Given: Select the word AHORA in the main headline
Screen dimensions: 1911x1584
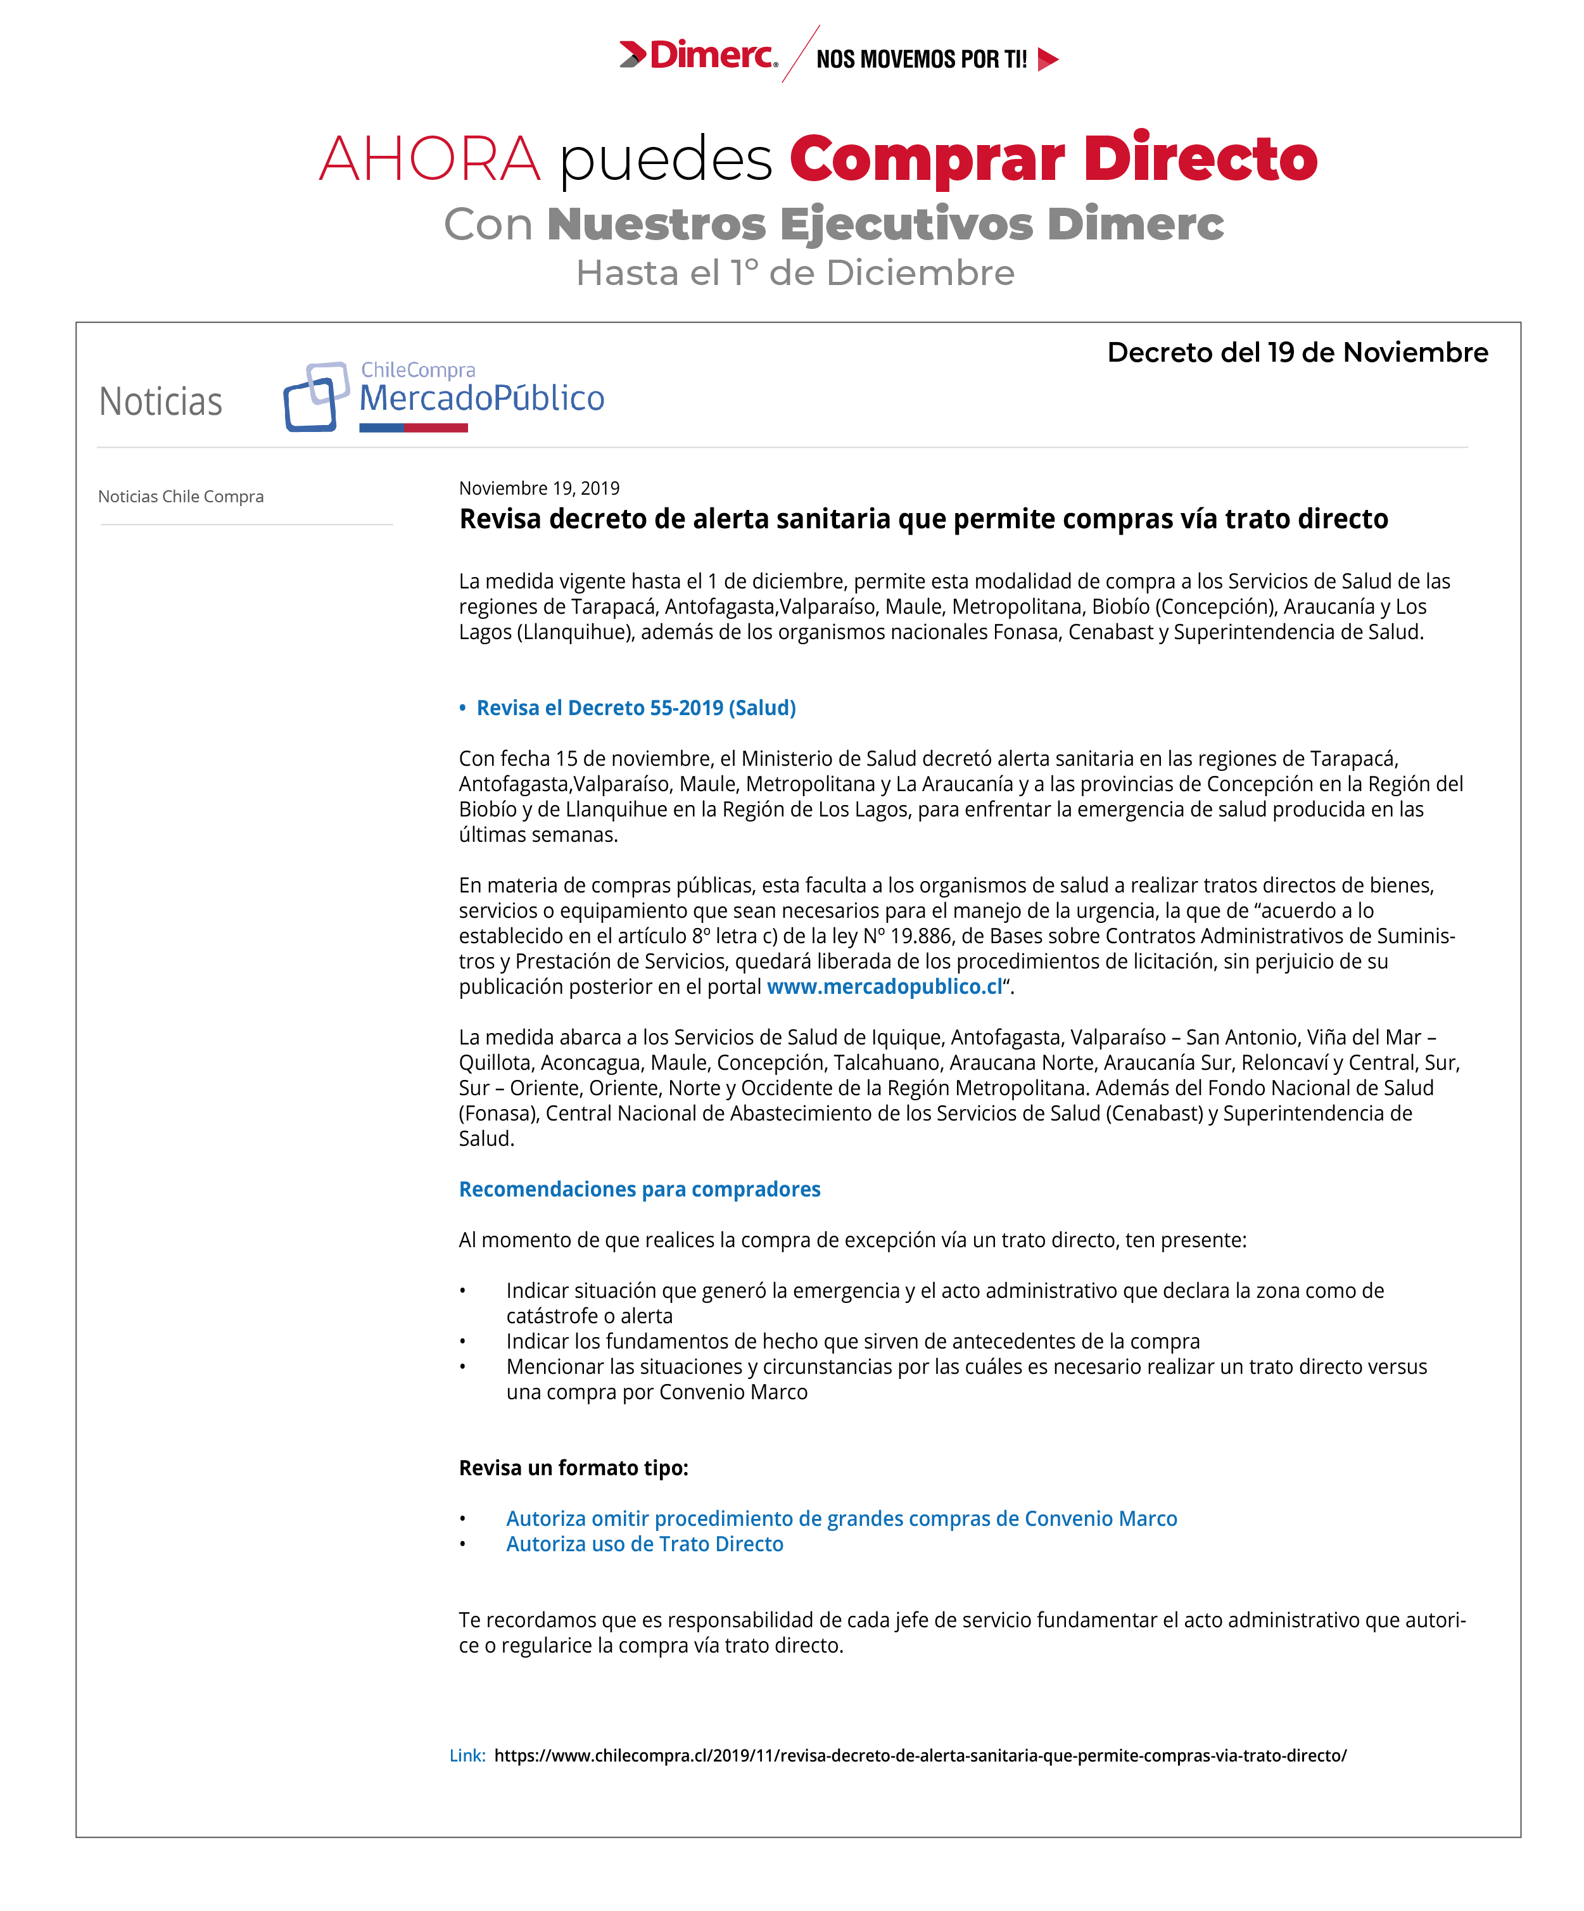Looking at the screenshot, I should click(429, 159).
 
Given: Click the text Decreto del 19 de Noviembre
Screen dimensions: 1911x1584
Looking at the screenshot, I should click(1296, 352).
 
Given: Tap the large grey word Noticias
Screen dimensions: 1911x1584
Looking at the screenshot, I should click(160, 402).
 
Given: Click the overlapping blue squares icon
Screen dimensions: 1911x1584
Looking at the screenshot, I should click(315, 397).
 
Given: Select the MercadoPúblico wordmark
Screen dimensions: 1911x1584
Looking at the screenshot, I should click(481, 398).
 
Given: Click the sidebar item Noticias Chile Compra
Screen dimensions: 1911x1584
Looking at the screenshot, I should click(181, 496).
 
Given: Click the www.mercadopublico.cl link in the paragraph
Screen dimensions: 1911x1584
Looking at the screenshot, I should click(884, 986).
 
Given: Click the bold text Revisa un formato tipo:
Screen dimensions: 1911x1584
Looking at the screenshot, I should click(573, 1467).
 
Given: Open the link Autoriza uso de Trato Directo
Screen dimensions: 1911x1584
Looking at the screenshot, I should click(644, 1544).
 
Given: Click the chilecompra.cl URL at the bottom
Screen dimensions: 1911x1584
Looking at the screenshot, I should click(919, 1755).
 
